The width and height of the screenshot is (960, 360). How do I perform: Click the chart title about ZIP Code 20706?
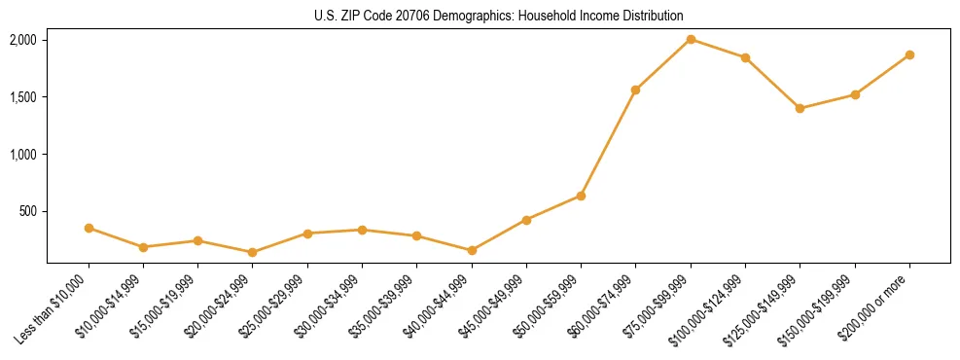499,16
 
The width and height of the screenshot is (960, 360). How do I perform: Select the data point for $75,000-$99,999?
691,40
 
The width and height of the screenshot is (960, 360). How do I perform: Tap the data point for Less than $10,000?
89,228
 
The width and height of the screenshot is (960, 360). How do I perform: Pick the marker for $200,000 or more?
909,54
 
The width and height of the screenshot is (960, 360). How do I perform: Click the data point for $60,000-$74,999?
636,90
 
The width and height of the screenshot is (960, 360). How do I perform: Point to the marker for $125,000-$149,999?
800,108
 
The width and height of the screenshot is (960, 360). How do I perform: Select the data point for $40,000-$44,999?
472,250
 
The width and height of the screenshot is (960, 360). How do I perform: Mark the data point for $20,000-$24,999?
253,252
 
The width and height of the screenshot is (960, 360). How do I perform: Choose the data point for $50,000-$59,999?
581,196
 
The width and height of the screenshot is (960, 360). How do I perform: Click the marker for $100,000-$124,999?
745,57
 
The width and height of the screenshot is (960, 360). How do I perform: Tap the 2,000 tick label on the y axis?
22,40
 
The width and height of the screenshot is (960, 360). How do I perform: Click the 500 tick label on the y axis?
26,211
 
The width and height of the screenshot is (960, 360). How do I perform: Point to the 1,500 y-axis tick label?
22,97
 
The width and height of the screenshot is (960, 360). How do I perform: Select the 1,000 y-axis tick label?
22,155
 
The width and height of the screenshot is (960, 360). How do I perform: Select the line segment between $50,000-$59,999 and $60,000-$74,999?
608,143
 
